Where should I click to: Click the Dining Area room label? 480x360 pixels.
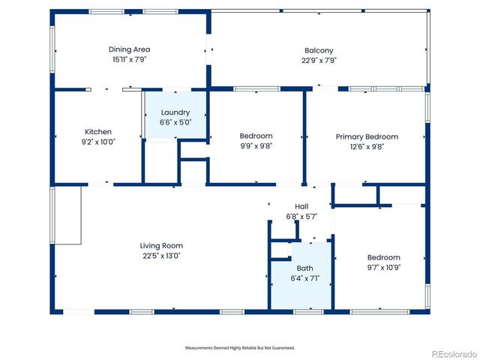pyautogui.click(x=130, y=49)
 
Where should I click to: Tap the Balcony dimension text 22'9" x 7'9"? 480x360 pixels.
pyautogui.click(x=319, y=61)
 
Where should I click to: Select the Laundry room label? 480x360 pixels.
pyautogui.click(x=175, y=112)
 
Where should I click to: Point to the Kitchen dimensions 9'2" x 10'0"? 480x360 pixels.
pyautogui.click(x=98, y=142)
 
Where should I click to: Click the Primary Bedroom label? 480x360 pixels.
pyautogui.click(x=367, y=136)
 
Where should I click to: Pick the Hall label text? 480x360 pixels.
pyautogui.click(x=301, y=207)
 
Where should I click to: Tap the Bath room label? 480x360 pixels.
pyautogui.click(x=305, y=268)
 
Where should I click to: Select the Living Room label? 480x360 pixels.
pyautogui.click(x=161, y=246)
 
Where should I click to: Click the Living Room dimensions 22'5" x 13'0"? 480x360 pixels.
pyautogui.click(x=161, y=256)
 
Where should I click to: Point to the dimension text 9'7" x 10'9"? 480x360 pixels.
pyautogui.click(x=384, y=268)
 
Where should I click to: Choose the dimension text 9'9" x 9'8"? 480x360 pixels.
pyautogui.click(x=256, y=146)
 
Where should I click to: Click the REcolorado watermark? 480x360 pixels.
pyautogui.click(x=454, y=354)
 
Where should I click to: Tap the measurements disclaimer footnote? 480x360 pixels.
pyautogui.click(x=240, y=348)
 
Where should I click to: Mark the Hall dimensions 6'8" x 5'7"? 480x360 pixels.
pyautogui.click(x=301, y=217)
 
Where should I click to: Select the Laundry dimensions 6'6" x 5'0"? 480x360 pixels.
pyautogui.click(x=175, y=122)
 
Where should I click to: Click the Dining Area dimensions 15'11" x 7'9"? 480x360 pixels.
pyautogui.click(x=130, y=60)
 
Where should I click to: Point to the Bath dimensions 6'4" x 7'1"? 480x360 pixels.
pyautogui.click(x=305, y=278)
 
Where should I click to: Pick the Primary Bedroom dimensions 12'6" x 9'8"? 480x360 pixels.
pyautogui.click(x=367, y=147)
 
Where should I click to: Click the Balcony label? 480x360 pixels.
pyautogui.click(x=319, y=51)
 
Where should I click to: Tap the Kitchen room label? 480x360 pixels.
pyautogui.click(x=98, y=132)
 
